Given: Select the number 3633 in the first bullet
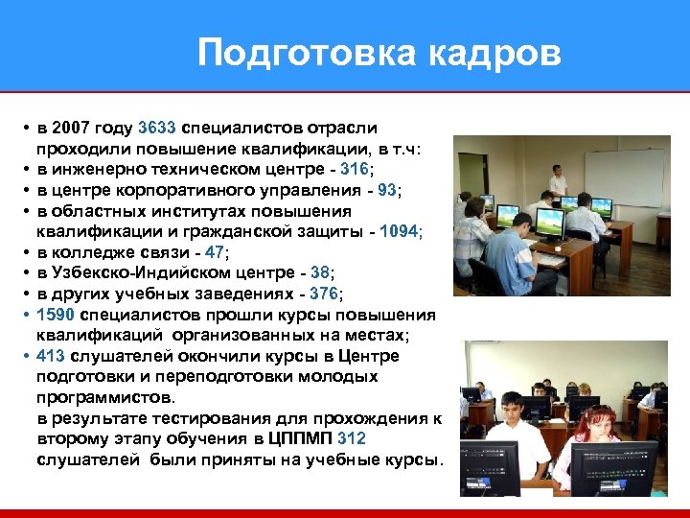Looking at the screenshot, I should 157,128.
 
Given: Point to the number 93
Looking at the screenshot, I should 387,190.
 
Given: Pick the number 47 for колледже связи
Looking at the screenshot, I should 217,252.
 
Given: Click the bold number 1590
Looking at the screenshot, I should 56,315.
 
